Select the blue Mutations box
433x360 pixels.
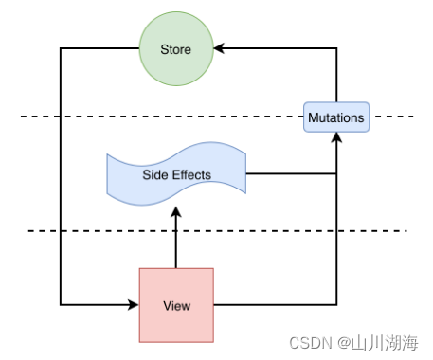(x=336, y=118)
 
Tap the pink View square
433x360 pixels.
(x=176, y=305)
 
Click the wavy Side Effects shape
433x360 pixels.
(x=176, y=174)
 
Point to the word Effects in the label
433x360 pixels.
(x=191, y=174)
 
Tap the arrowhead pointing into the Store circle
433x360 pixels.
(x=219, y=49)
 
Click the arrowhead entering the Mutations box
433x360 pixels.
(x=336, y=138)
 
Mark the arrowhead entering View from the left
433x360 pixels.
(x=133, y=305)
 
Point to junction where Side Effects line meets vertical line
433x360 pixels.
(x=336, y=174)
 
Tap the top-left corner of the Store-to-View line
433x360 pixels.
(x=61, y=49)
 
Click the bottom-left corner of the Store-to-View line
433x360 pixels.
(x=61, y=305)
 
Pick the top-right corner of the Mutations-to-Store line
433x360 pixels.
(x=336, y=49)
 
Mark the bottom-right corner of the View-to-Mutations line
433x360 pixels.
(x=336, y=305)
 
